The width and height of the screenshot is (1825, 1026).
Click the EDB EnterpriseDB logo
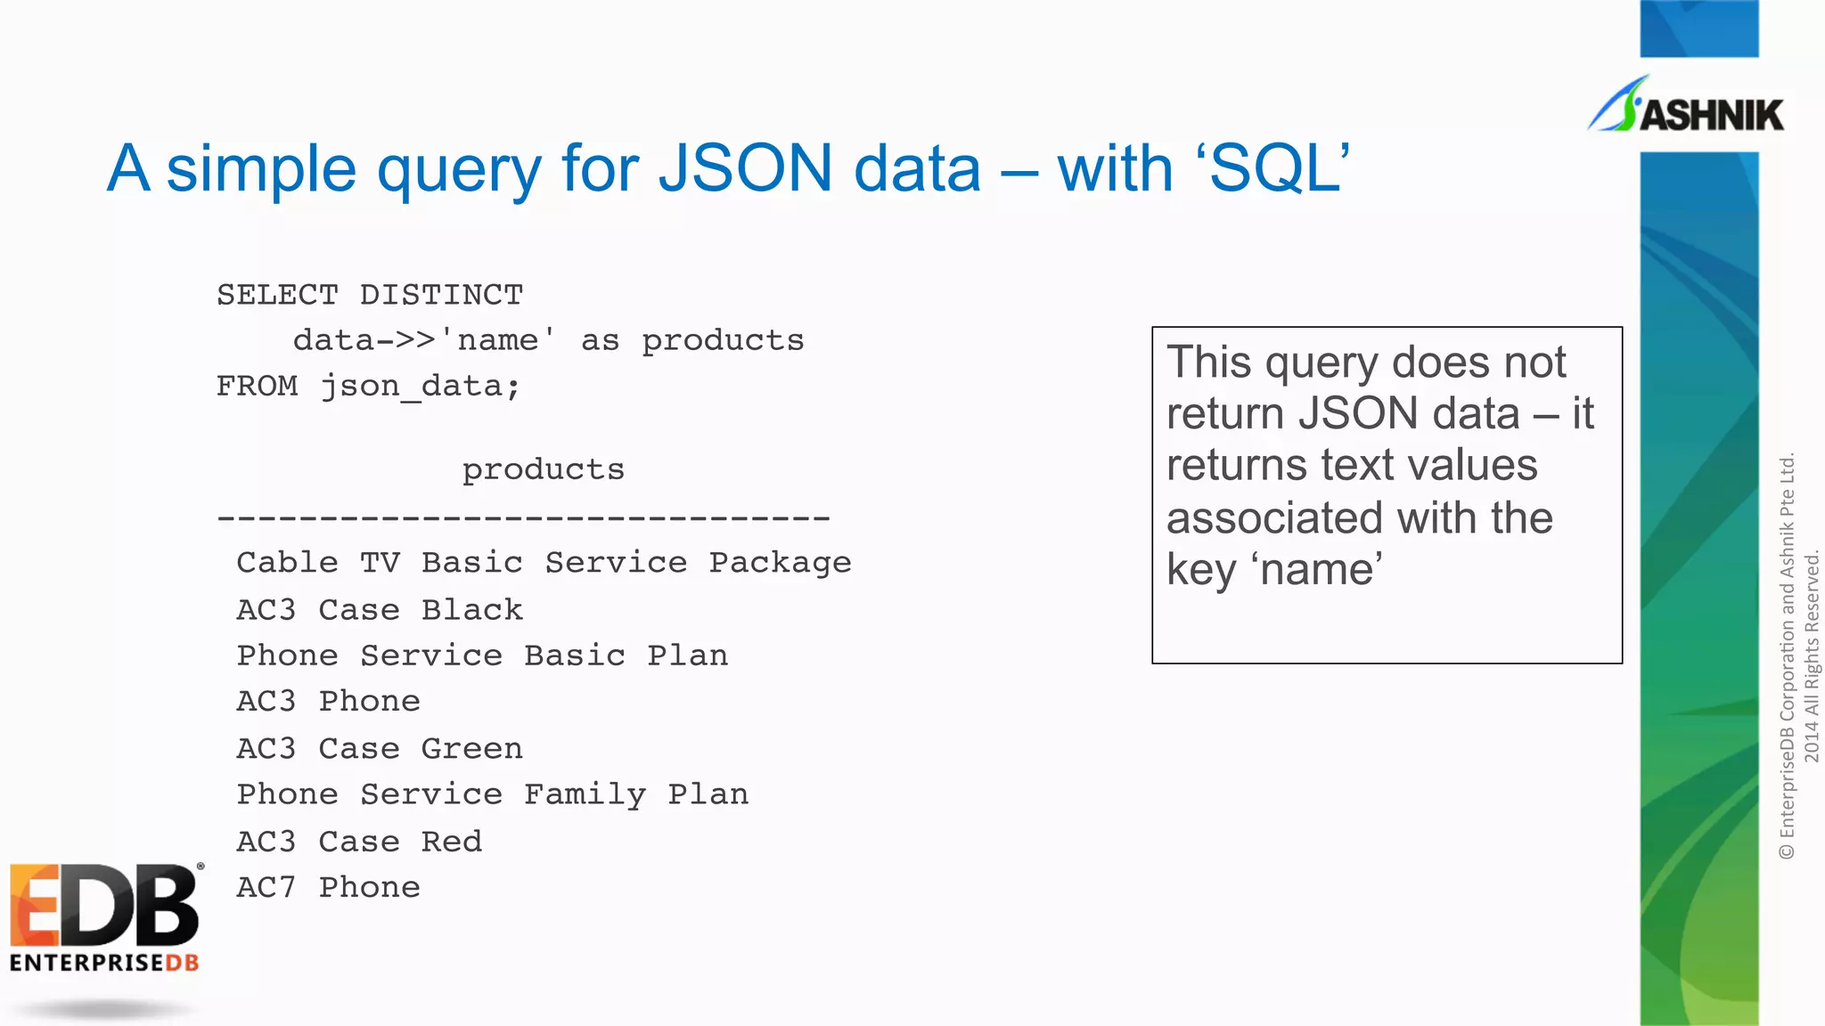point(105,917)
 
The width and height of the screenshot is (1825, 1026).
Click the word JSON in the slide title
point(744,168)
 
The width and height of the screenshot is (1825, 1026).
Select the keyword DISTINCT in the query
point(441,295)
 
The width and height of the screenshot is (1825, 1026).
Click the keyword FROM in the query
point(258,387)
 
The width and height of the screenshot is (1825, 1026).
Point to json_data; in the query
point(420,387)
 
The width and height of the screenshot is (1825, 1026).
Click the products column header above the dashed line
point(543,469)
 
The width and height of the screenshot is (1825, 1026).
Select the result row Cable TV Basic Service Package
point(544,563)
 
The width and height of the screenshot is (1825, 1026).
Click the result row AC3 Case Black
point(380,610)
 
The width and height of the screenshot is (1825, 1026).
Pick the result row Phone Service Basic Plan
point(482,656)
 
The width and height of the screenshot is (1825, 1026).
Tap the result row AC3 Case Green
point(380,749)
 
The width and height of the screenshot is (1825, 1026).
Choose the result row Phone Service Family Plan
point(492,794)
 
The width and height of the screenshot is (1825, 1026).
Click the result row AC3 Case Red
point(359,842)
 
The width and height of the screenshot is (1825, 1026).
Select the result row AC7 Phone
point(328,888)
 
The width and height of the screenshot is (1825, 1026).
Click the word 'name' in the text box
point(1321,569)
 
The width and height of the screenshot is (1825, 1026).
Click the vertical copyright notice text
point(1798,657)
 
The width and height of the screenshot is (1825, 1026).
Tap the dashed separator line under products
point(523,517)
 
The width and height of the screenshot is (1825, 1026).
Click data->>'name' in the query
point(424,340)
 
